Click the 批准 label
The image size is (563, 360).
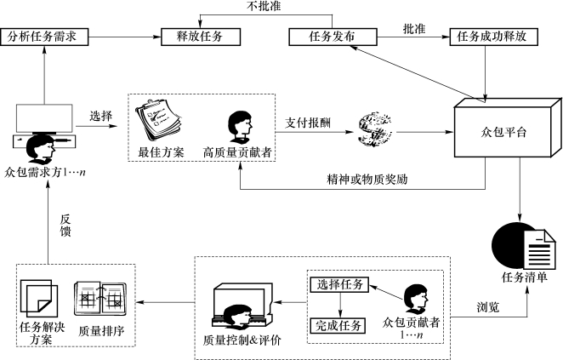coord(414,28)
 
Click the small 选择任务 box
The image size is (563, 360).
coord(339,284)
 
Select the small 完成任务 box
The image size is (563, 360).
coord(339,324)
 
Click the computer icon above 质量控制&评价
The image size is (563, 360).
coord(243,305)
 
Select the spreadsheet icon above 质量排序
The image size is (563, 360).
coord(100,297)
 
